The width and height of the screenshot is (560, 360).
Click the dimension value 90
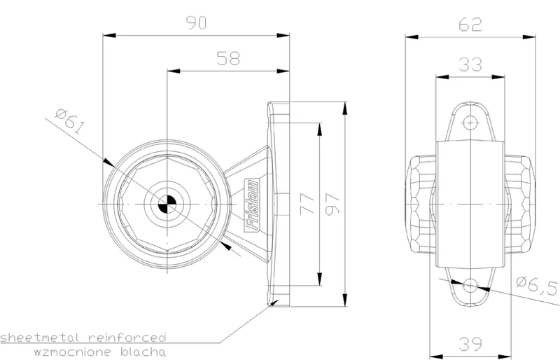(196, 23)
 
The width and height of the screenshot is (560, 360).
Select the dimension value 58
(228, 58)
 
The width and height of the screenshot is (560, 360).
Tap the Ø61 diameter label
(70, 122)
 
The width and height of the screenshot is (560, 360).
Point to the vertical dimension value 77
(307, 204)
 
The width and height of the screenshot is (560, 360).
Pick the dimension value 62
(470, 25)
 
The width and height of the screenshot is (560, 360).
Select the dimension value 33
(470, 64)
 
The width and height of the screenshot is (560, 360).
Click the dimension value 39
(470, 344)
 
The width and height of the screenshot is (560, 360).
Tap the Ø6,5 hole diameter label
(537, 286)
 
